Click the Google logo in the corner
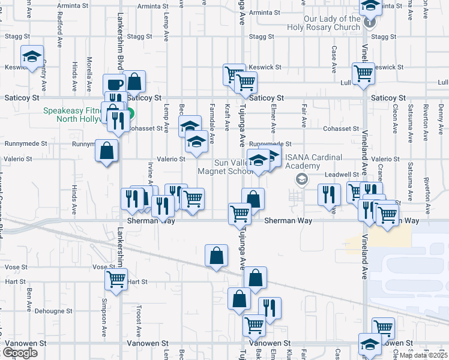[20, 353]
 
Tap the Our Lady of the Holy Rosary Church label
[332, 23]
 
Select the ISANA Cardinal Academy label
[313, 162]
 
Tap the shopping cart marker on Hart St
[116, 279]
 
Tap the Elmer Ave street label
[273, 119]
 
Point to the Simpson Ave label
[104, 310]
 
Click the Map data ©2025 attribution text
[423, 355]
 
